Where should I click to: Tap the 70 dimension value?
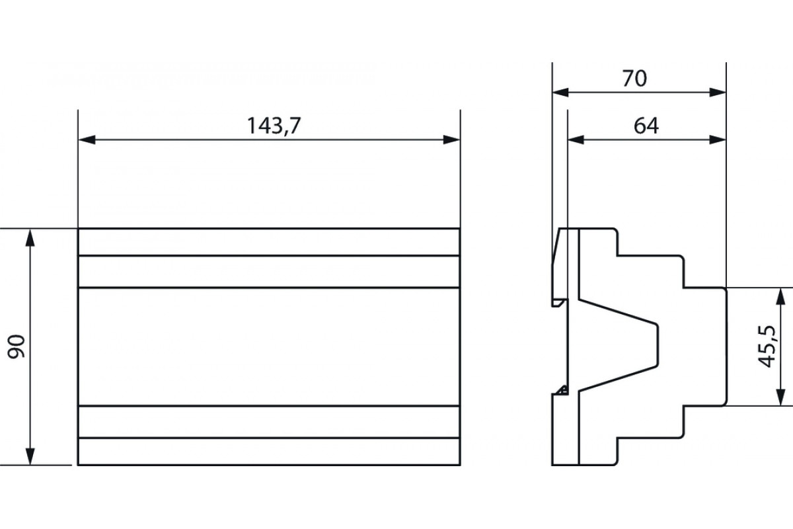(634, 79)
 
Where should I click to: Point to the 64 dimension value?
(646, 126)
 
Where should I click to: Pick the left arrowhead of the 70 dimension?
(560, 93)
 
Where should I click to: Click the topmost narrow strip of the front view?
(268, 242)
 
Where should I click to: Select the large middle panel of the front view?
(268, 346)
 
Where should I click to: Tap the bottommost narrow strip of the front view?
(268, 452)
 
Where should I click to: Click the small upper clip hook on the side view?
(559, 303)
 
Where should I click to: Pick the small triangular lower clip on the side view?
(562, 390)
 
